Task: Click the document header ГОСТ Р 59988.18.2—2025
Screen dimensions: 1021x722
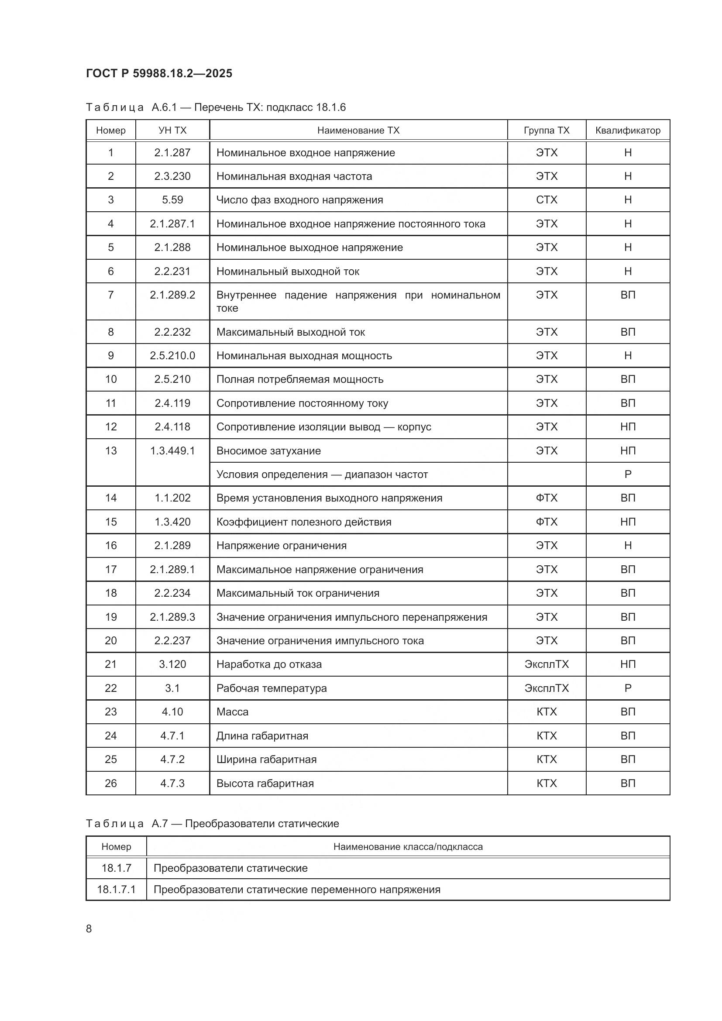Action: pyautogui.click(x=159, y=73)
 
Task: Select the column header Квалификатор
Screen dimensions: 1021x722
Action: pyautogui.click(x=627, y=130)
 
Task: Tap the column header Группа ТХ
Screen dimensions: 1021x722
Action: pyautogui.click(x=546, y=130)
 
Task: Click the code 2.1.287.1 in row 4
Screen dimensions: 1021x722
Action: pyautogui.click(x=172, y=223)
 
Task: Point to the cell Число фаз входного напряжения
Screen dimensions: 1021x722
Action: pyautogui.click(x=299, y=200)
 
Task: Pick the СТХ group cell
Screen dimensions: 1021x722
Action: pyautogui.click(x=546, y=200)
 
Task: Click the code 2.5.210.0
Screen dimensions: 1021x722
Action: pyautogui.click(x=172, y=356)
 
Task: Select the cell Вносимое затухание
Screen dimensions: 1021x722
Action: pyautogui.click(x=268, y=451)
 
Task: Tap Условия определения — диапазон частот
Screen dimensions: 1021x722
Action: pyautogui.click(x=322, y=474)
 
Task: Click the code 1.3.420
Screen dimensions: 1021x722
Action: pyautogui.click(x=172, y=522)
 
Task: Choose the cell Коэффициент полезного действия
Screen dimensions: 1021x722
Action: pyautogui.click(x=304, y=522)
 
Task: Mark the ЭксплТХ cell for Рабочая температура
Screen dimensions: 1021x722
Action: pyautogui.click(x=546, y=688)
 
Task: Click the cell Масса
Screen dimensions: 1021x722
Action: pyautogui.click(x=232, y=712)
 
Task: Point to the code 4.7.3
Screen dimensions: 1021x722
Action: pyautogui.click(x=172, y=784)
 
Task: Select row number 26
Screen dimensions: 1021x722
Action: pyautogui.click(x=111, y=784)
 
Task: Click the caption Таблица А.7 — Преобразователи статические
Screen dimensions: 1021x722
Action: pyautogui.click(x=212, y=824)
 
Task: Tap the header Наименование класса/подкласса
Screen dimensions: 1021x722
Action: pyautogui.click(x=408, y=847)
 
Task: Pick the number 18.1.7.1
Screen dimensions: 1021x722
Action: pyautogui.click(x=116, y=890)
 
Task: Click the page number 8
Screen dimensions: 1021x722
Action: pyautogui.click(x=89, y=929)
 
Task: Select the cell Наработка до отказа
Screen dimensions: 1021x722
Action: pyautogui.click(x=268, y=664)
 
